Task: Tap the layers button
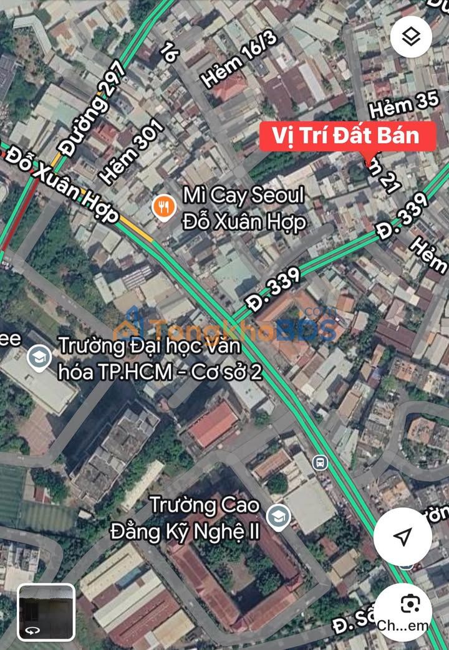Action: pos(411,37)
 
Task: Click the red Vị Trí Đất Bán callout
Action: pos(348,136)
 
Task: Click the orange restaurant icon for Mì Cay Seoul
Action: pos(163,208)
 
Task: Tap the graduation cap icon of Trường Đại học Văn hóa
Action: pos(39,358)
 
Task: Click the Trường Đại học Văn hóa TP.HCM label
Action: pos(159,358)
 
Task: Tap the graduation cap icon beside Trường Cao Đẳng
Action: pos(278,517)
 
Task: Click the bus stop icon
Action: pos(320,462)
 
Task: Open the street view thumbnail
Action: pos(46,613)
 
